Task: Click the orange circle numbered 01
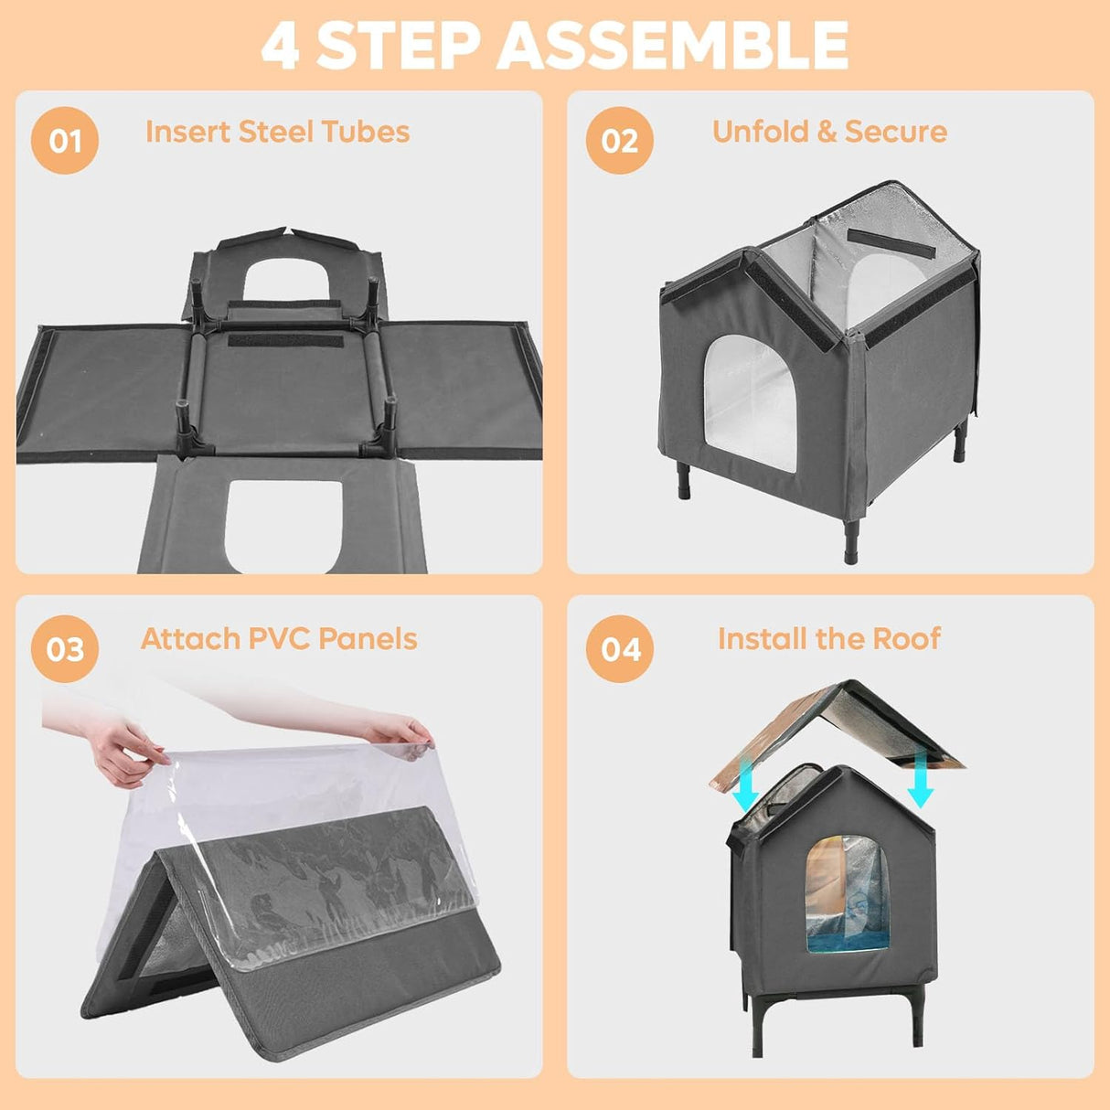[x=65, y=141]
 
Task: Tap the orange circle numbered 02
[x=619, y=141]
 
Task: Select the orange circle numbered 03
[x=65, y=649]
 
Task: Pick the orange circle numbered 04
[x=620, y=649]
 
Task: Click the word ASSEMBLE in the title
[x=673, y=46]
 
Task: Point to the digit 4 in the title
[x=280, y=46]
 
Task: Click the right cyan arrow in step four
[x=920, y=784]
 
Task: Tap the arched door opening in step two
[x=750, y=402]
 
